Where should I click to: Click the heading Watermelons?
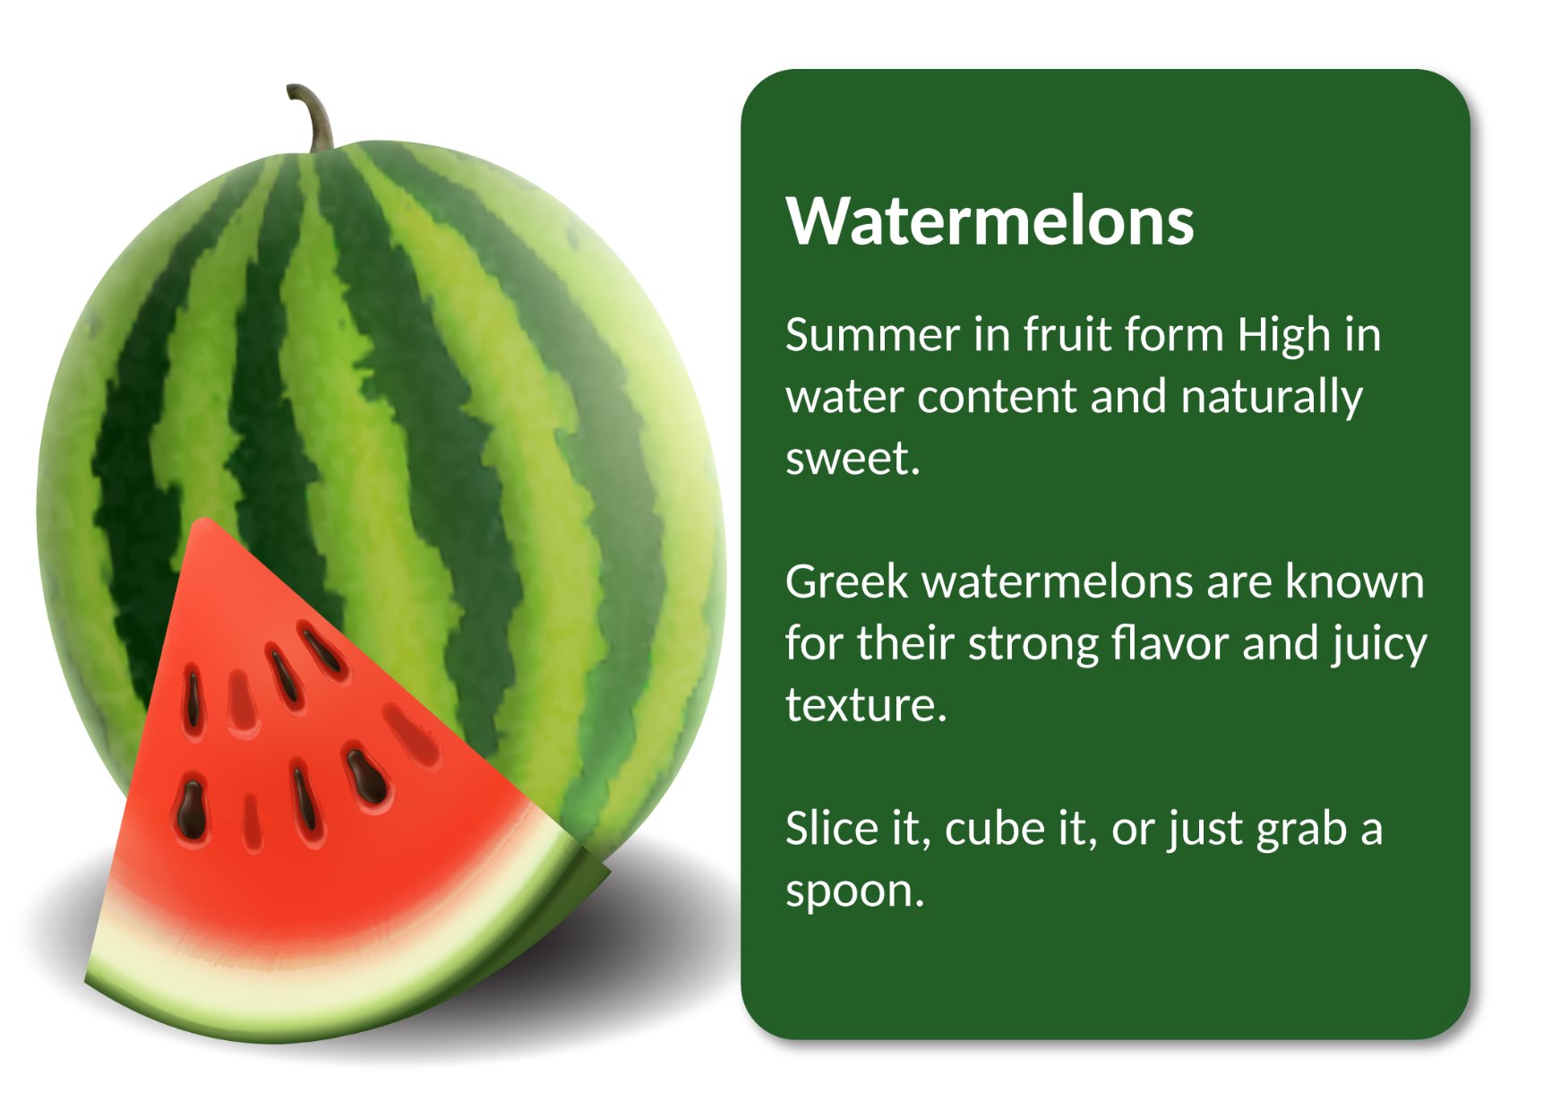pos(990,220)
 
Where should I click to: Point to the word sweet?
pos(853,460)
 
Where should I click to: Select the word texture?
pos(866,706)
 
